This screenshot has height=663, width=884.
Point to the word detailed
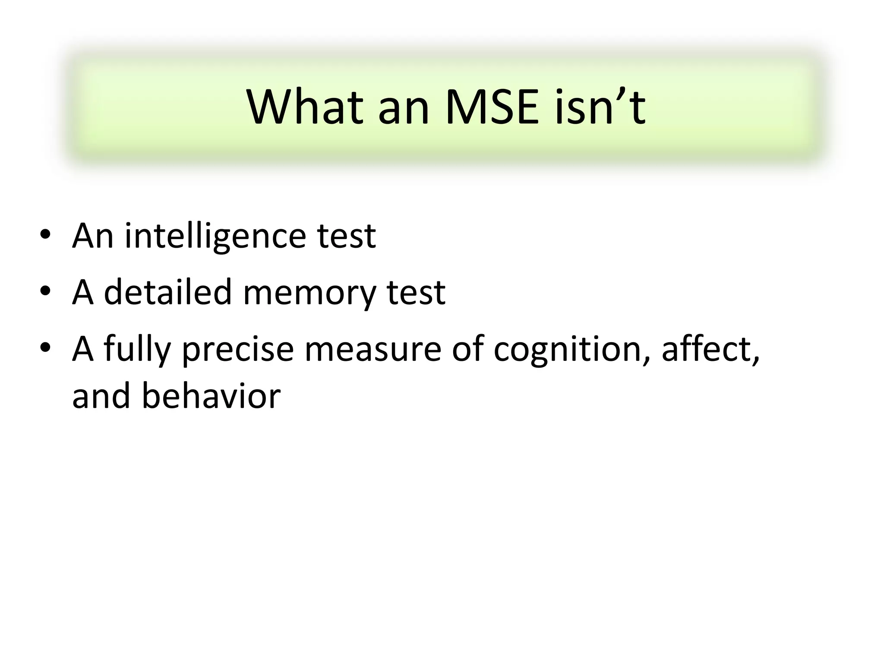coord(168,292)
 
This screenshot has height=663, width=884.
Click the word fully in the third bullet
coord(137,350)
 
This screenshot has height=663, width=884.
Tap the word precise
coord(238,350)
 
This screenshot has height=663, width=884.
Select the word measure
coord(373,350)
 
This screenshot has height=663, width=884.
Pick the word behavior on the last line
coord(211,396)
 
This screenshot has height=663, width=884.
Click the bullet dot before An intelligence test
coord(45,235)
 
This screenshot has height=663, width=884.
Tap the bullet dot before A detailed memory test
coord(45,291)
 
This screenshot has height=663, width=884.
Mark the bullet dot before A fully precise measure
coord(45,347)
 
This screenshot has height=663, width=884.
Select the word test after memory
coord(416,292)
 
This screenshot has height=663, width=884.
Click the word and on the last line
coord(101,396)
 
